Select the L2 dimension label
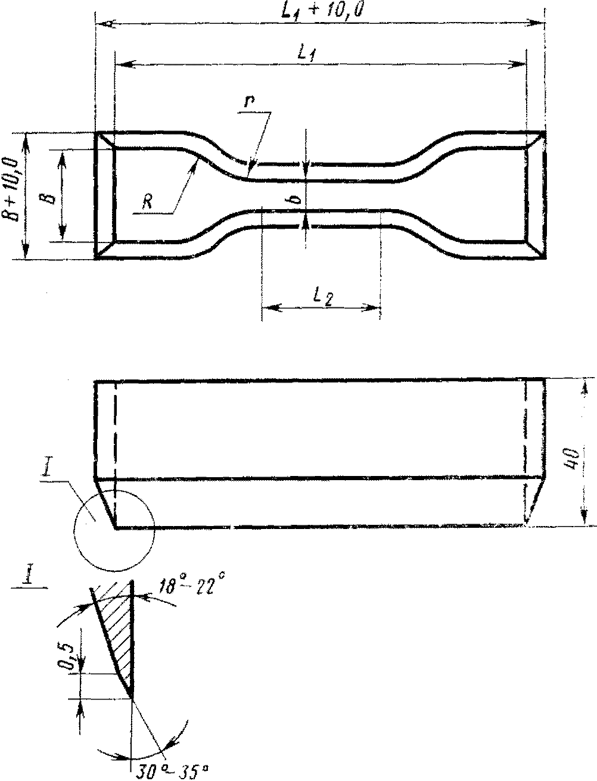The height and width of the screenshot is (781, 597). click(x=323, y=297)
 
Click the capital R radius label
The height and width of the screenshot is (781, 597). click(x=147, y=203)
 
